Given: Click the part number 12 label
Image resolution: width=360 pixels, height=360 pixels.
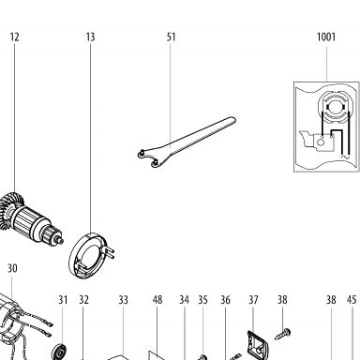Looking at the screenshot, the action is (x=14, y=37).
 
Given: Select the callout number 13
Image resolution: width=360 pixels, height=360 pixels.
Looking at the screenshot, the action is (x=90, y=37).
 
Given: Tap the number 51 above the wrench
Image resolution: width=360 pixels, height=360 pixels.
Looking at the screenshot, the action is (x=171, y=37).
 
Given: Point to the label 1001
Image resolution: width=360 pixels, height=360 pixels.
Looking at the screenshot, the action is (x=326, y=37).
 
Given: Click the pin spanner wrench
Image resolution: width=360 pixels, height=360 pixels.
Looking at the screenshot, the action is (x=187, y=142).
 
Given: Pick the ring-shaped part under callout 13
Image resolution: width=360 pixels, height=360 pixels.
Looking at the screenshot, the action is (x=91, y=255).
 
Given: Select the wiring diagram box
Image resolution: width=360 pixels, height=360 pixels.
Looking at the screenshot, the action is (x=326, y=127).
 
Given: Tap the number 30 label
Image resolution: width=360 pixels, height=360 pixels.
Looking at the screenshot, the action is (x=12, y=268).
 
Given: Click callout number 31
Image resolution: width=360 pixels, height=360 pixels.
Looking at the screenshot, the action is (x=63, y=300).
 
